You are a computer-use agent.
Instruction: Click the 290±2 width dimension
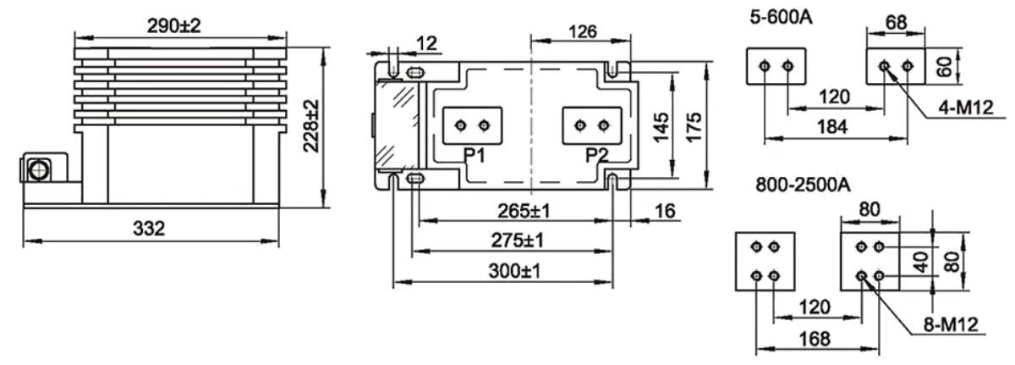pyautogui.click(x=173, y=26)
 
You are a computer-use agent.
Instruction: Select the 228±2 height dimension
pyautogui.click(x=311, y=125)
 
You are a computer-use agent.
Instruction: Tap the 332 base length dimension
pyautogui.click(x=149, y=229)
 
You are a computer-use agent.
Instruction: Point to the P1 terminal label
pyautogui.click(x=475, y=156)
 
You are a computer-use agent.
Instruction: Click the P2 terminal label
pyautogui.click(x=597, y=156)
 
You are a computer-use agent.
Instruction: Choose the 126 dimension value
pyautogui.click(x=583, y=31)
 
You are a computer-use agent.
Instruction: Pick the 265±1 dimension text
pyautogui.click(x=524, y=211)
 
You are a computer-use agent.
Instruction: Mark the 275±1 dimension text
pyautogui.click(x=518, y=241)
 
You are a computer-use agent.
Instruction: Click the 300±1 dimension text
pyautogui.click(x=515, y=271)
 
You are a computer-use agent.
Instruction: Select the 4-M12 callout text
pyautogui.click(x=966, y=108)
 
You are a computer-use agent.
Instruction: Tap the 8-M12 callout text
pyautogui.click(x=951, y=324)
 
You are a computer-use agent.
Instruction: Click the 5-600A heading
pyautogui.click(x=782, y=18)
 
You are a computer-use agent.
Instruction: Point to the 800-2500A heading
pyautogui.click(x=803, y=185)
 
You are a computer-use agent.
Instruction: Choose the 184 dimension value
pyautogui.click(x=832, y=127)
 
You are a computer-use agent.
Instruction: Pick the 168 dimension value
pyautogui.click(x=815, y=339)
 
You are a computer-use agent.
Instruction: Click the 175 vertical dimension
pyautogui.click(x=694, y=127)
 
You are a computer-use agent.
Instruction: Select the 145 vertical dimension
pyautogui.click(x=661, y=127)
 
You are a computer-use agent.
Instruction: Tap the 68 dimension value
pyautogui.click(x=896, y=22)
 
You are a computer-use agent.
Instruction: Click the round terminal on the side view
pyautogui.click(x=38, y=169)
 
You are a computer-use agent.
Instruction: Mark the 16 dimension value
pyautogui.click(x=665, y=211)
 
